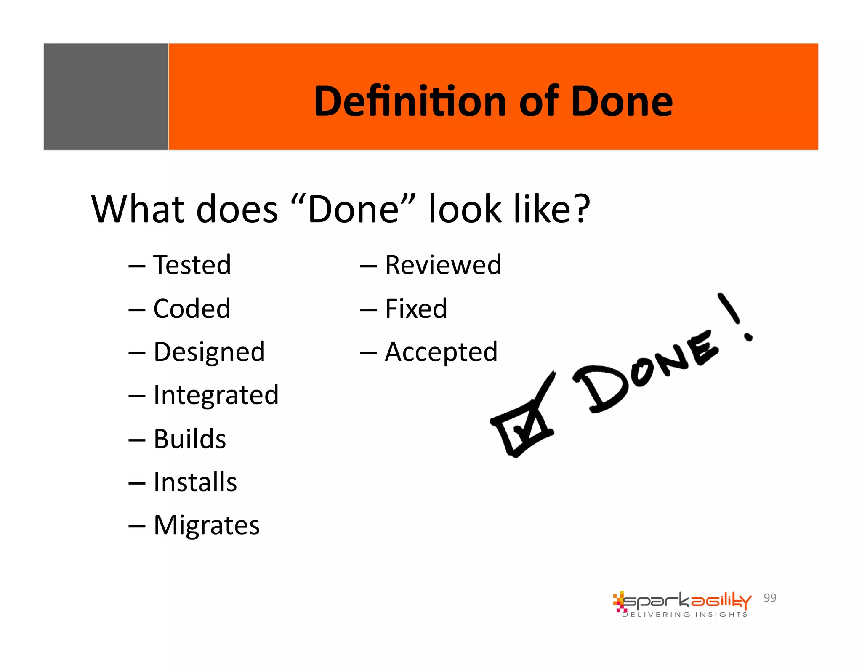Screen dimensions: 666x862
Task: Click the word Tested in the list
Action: tap(192, 265)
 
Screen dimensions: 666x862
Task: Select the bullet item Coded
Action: tap(192, 309)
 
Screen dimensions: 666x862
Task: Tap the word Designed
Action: tap(209, 352)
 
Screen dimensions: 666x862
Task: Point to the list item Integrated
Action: tap(216, 395)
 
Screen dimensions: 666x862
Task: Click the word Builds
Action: tap(190, 439)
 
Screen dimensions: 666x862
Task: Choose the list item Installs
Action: tap(195, 482)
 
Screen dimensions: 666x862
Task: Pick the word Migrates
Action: tap(207, 525)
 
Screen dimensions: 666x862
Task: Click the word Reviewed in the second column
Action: tap(443, 265)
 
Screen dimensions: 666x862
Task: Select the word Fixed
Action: tap(416, 309)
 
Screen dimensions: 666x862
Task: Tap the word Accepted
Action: tap(441, 352)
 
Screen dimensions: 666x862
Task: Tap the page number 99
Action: tap(770, 598)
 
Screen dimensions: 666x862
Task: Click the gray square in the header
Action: tap(106, 96)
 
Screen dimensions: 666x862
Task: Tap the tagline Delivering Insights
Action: tap(685, 615)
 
